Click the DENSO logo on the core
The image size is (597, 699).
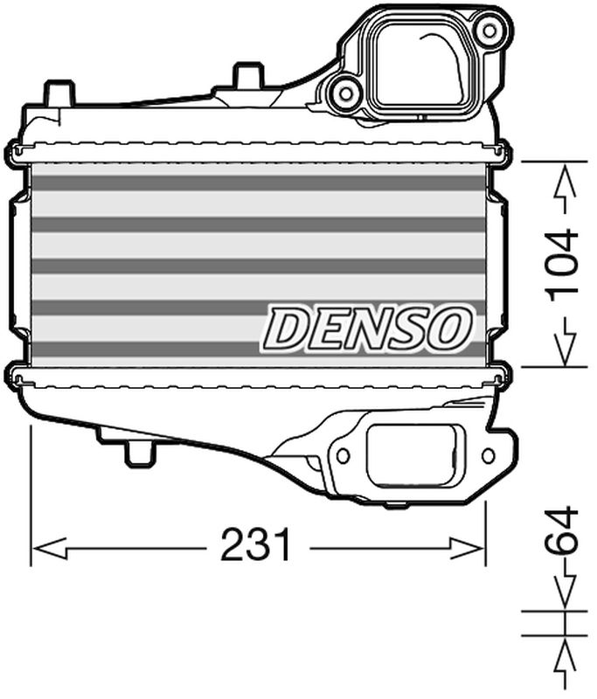(367, 329)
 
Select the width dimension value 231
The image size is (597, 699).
(255, 548)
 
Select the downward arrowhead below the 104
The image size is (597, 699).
(565, 344)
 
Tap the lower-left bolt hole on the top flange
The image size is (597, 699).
(345, 93)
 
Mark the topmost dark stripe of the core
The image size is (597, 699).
(258, 183)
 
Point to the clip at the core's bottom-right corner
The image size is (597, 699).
(498, 377)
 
